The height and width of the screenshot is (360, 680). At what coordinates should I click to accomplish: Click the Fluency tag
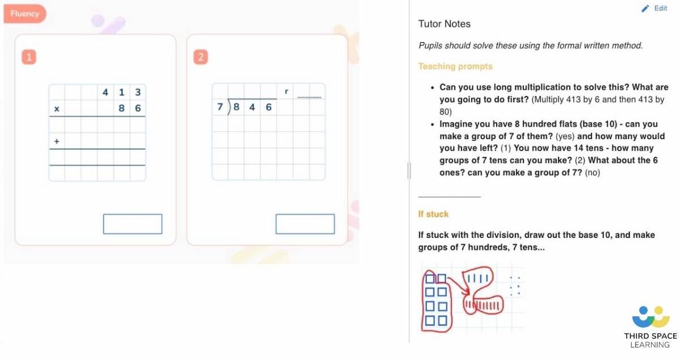(x=24, y=14)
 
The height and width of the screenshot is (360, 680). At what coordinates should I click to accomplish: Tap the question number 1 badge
(x=29, y=57)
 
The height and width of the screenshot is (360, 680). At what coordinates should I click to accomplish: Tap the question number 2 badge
(x=200, y=57)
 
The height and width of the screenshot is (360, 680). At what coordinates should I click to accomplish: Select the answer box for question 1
(x=132, y=224)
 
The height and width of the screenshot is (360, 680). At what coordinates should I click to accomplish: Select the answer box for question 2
(x=305, y=224)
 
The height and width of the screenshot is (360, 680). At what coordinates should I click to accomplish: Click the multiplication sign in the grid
(x=57, y=108)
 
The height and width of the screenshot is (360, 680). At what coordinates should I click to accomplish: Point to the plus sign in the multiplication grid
(x=57, y=141)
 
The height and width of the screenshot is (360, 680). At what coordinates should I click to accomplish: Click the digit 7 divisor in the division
(x=220, y=106)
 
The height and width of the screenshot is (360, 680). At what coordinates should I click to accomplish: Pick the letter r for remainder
(x=286, y=91)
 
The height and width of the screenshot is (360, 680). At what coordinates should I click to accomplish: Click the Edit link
(x=661, y=9)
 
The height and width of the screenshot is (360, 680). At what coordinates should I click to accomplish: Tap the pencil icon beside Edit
(x=645, y=9)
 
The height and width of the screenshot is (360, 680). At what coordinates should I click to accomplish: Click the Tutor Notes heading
(x=444, y=24)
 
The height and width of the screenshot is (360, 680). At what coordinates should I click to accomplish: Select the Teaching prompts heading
(x=455, y=66)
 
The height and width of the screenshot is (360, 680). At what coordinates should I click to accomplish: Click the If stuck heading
(x=433, y=214)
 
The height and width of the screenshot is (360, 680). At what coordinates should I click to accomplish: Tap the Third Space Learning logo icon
(x=650, y=317)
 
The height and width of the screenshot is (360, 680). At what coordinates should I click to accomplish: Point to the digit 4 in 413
(x=106, y=92)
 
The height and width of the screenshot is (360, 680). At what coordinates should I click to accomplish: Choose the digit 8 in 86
(x=121, y=108)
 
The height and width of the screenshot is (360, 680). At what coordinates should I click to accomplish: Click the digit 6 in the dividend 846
(x=268, y=106)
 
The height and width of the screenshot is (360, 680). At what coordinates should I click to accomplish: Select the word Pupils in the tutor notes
(x=430, y=45)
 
